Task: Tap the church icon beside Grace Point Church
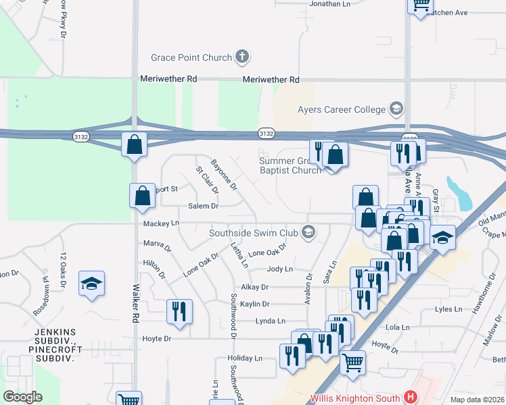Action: coord(243,57)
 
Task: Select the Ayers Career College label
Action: coord(341,109)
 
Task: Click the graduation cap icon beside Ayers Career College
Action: coord(396,109)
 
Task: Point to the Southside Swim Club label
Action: coord(254,233)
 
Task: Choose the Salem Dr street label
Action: coord(203,206)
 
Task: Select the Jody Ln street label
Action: coord(279,269)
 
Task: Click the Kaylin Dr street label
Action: coord(254,304)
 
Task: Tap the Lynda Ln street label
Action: coord(271,321)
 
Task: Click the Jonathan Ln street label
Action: coord(329,4)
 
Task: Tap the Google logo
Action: coord(22,397)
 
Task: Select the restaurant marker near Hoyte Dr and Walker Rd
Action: coord(179,311)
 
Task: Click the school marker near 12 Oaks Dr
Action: coord(91,283)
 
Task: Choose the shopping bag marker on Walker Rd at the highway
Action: coord(135,144)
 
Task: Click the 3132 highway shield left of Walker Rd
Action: coord(81,137)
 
